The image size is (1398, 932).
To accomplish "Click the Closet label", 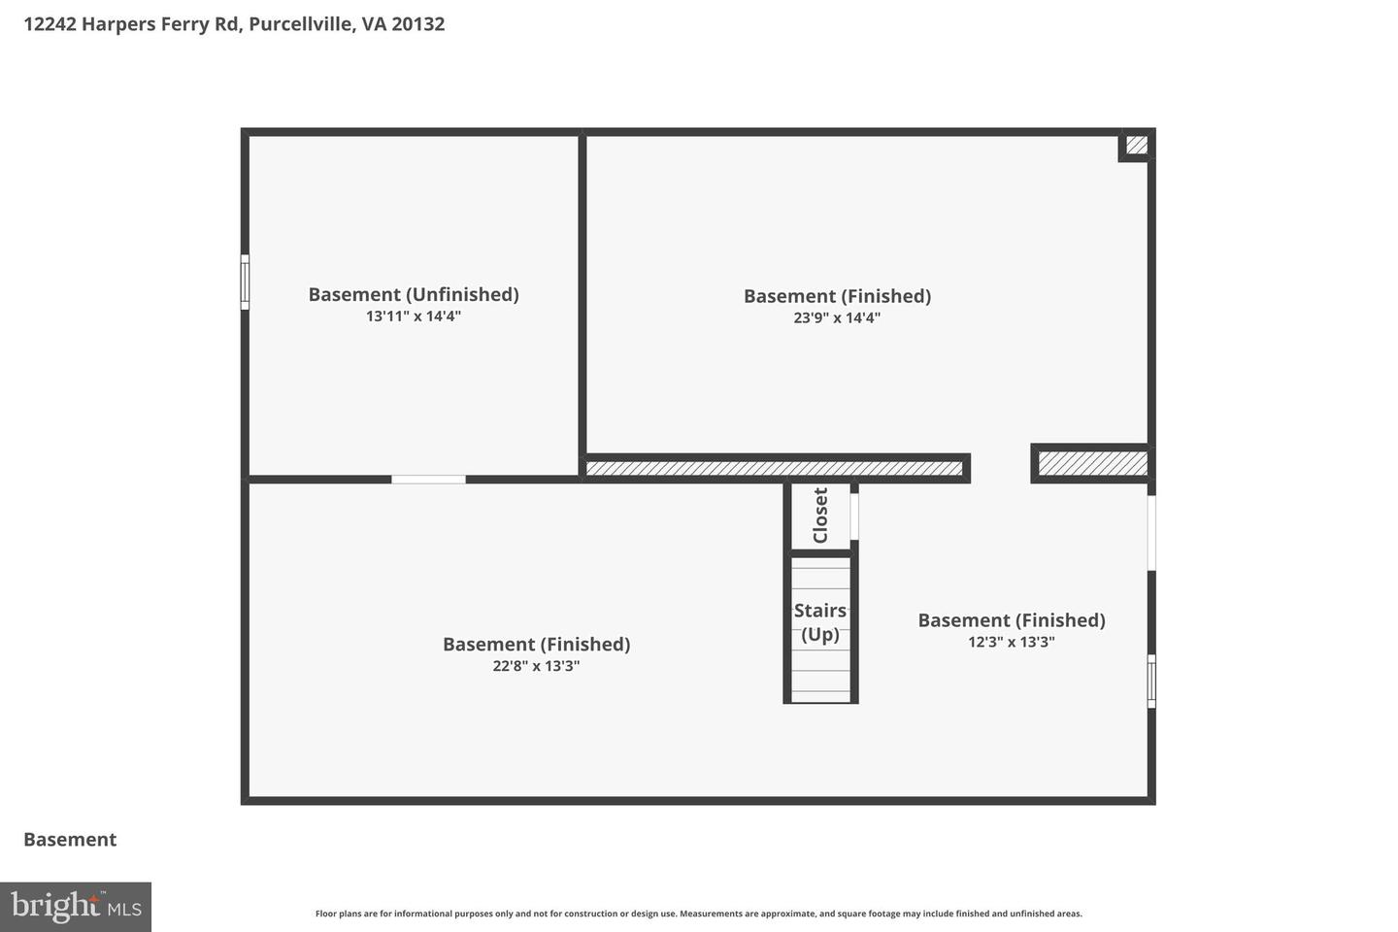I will tap(820, 516).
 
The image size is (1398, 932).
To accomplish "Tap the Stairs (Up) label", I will tap(820, 622).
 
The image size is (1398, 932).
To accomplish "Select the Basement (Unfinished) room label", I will tap(414, 294).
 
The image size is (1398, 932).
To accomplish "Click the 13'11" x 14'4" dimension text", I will tap(414, 316).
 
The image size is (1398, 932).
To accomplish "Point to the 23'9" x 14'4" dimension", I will tap(837, 317).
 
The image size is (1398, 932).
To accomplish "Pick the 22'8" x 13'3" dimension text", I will tap(536, 666).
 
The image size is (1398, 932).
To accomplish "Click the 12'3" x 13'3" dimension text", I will tap(1011, 642).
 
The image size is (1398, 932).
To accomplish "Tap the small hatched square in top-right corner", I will tap(1137, 146).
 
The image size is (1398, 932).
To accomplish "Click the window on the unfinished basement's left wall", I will tap(245, 283).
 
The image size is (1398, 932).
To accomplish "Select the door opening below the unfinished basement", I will tap(428, 480).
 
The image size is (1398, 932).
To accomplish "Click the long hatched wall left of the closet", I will tap(774, 469).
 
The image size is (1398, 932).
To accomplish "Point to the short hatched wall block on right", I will tap(1092, 464).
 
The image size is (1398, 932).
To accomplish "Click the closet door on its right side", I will tap(854, 516).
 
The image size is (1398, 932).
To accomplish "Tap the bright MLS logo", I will tap(76, 907).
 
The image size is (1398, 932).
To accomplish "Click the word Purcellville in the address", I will tap(300, 23).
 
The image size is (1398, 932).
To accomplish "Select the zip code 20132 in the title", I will tap(418, 23).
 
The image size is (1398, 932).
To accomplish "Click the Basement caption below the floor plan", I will tap(70, 840).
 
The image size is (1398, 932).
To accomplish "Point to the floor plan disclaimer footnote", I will tap(698, 914).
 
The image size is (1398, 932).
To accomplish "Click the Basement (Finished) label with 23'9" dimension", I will tap(837, 296).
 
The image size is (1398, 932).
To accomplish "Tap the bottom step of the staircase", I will tap(820, 696).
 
